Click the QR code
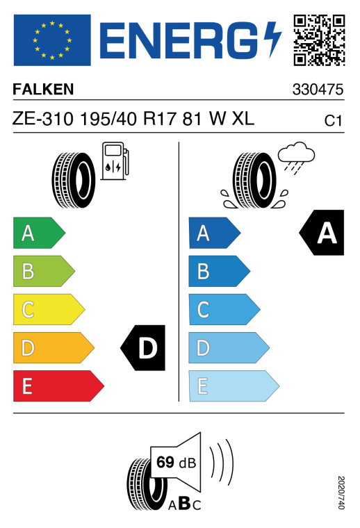319,40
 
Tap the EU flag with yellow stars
52,40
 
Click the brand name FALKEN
43,90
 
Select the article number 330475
318,90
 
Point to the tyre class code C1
333,121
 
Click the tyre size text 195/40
108,119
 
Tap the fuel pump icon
115,161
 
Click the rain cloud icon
296,158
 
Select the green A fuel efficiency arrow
39,233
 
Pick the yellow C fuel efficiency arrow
49,309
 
